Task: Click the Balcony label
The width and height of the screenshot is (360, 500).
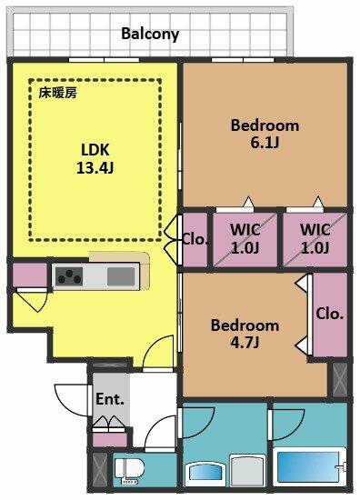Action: [x=150, y=35]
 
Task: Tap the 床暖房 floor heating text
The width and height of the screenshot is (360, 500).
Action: [x=57, y=93]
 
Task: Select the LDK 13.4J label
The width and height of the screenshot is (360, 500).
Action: [x=95, y=158]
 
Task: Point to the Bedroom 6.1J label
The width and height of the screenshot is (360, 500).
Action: [x=265, y=134]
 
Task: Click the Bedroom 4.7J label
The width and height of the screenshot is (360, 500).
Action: [x=245, y=334]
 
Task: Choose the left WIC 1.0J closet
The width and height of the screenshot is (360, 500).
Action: [x=245, y=239]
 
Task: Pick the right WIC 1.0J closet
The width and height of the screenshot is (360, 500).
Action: [x=315, y=239]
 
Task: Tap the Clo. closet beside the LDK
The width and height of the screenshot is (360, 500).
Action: [x=195, y=239]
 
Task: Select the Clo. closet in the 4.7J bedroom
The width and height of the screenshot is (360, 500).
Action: [x=330, y=315]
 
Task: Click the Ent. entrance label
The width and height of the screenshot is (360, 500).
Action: [x=110, y=399]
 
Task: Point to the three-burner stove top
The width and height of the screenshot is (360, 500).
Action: [x=69, y=276]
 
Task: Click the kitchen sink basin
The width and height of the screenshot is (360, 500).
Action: [x=121, y=276]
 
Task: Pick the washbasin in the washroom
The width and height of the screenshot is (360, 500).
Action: [x=205, y=474]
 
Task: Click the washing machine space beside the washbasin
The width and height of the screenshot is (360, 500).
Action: [x=248, y=471]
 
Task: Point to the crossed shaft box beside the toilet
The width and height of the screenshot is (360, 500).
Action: [x=100, y=470]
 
